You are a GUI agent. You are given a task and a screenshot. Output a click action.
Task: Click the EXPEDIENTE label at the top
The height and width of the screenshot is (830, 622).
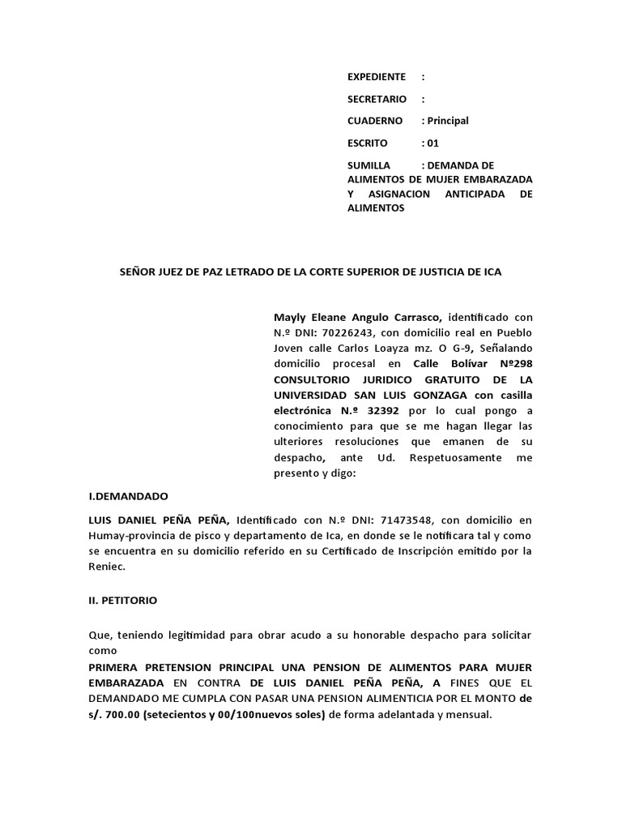[376, 77]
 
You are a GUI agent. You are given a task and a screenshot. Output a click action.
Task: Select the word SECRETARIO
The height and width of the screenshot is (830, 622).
[376, 99]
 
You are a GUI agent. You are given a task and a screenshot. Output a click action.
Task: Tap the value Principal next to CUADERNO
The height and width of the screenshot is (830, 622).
[448, 121]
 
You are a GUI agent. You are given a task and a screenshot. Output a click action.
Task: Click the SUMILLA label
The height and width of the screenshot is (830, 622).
[369, 165]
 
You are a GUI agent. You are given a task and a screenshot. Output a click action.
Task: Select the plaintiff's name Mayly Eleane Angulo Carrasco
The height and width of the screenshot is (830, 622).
[357, 316]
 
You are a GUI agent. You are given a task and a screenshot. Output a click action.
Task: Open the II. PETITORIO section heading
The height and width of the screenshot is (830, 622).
[123, 601]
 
